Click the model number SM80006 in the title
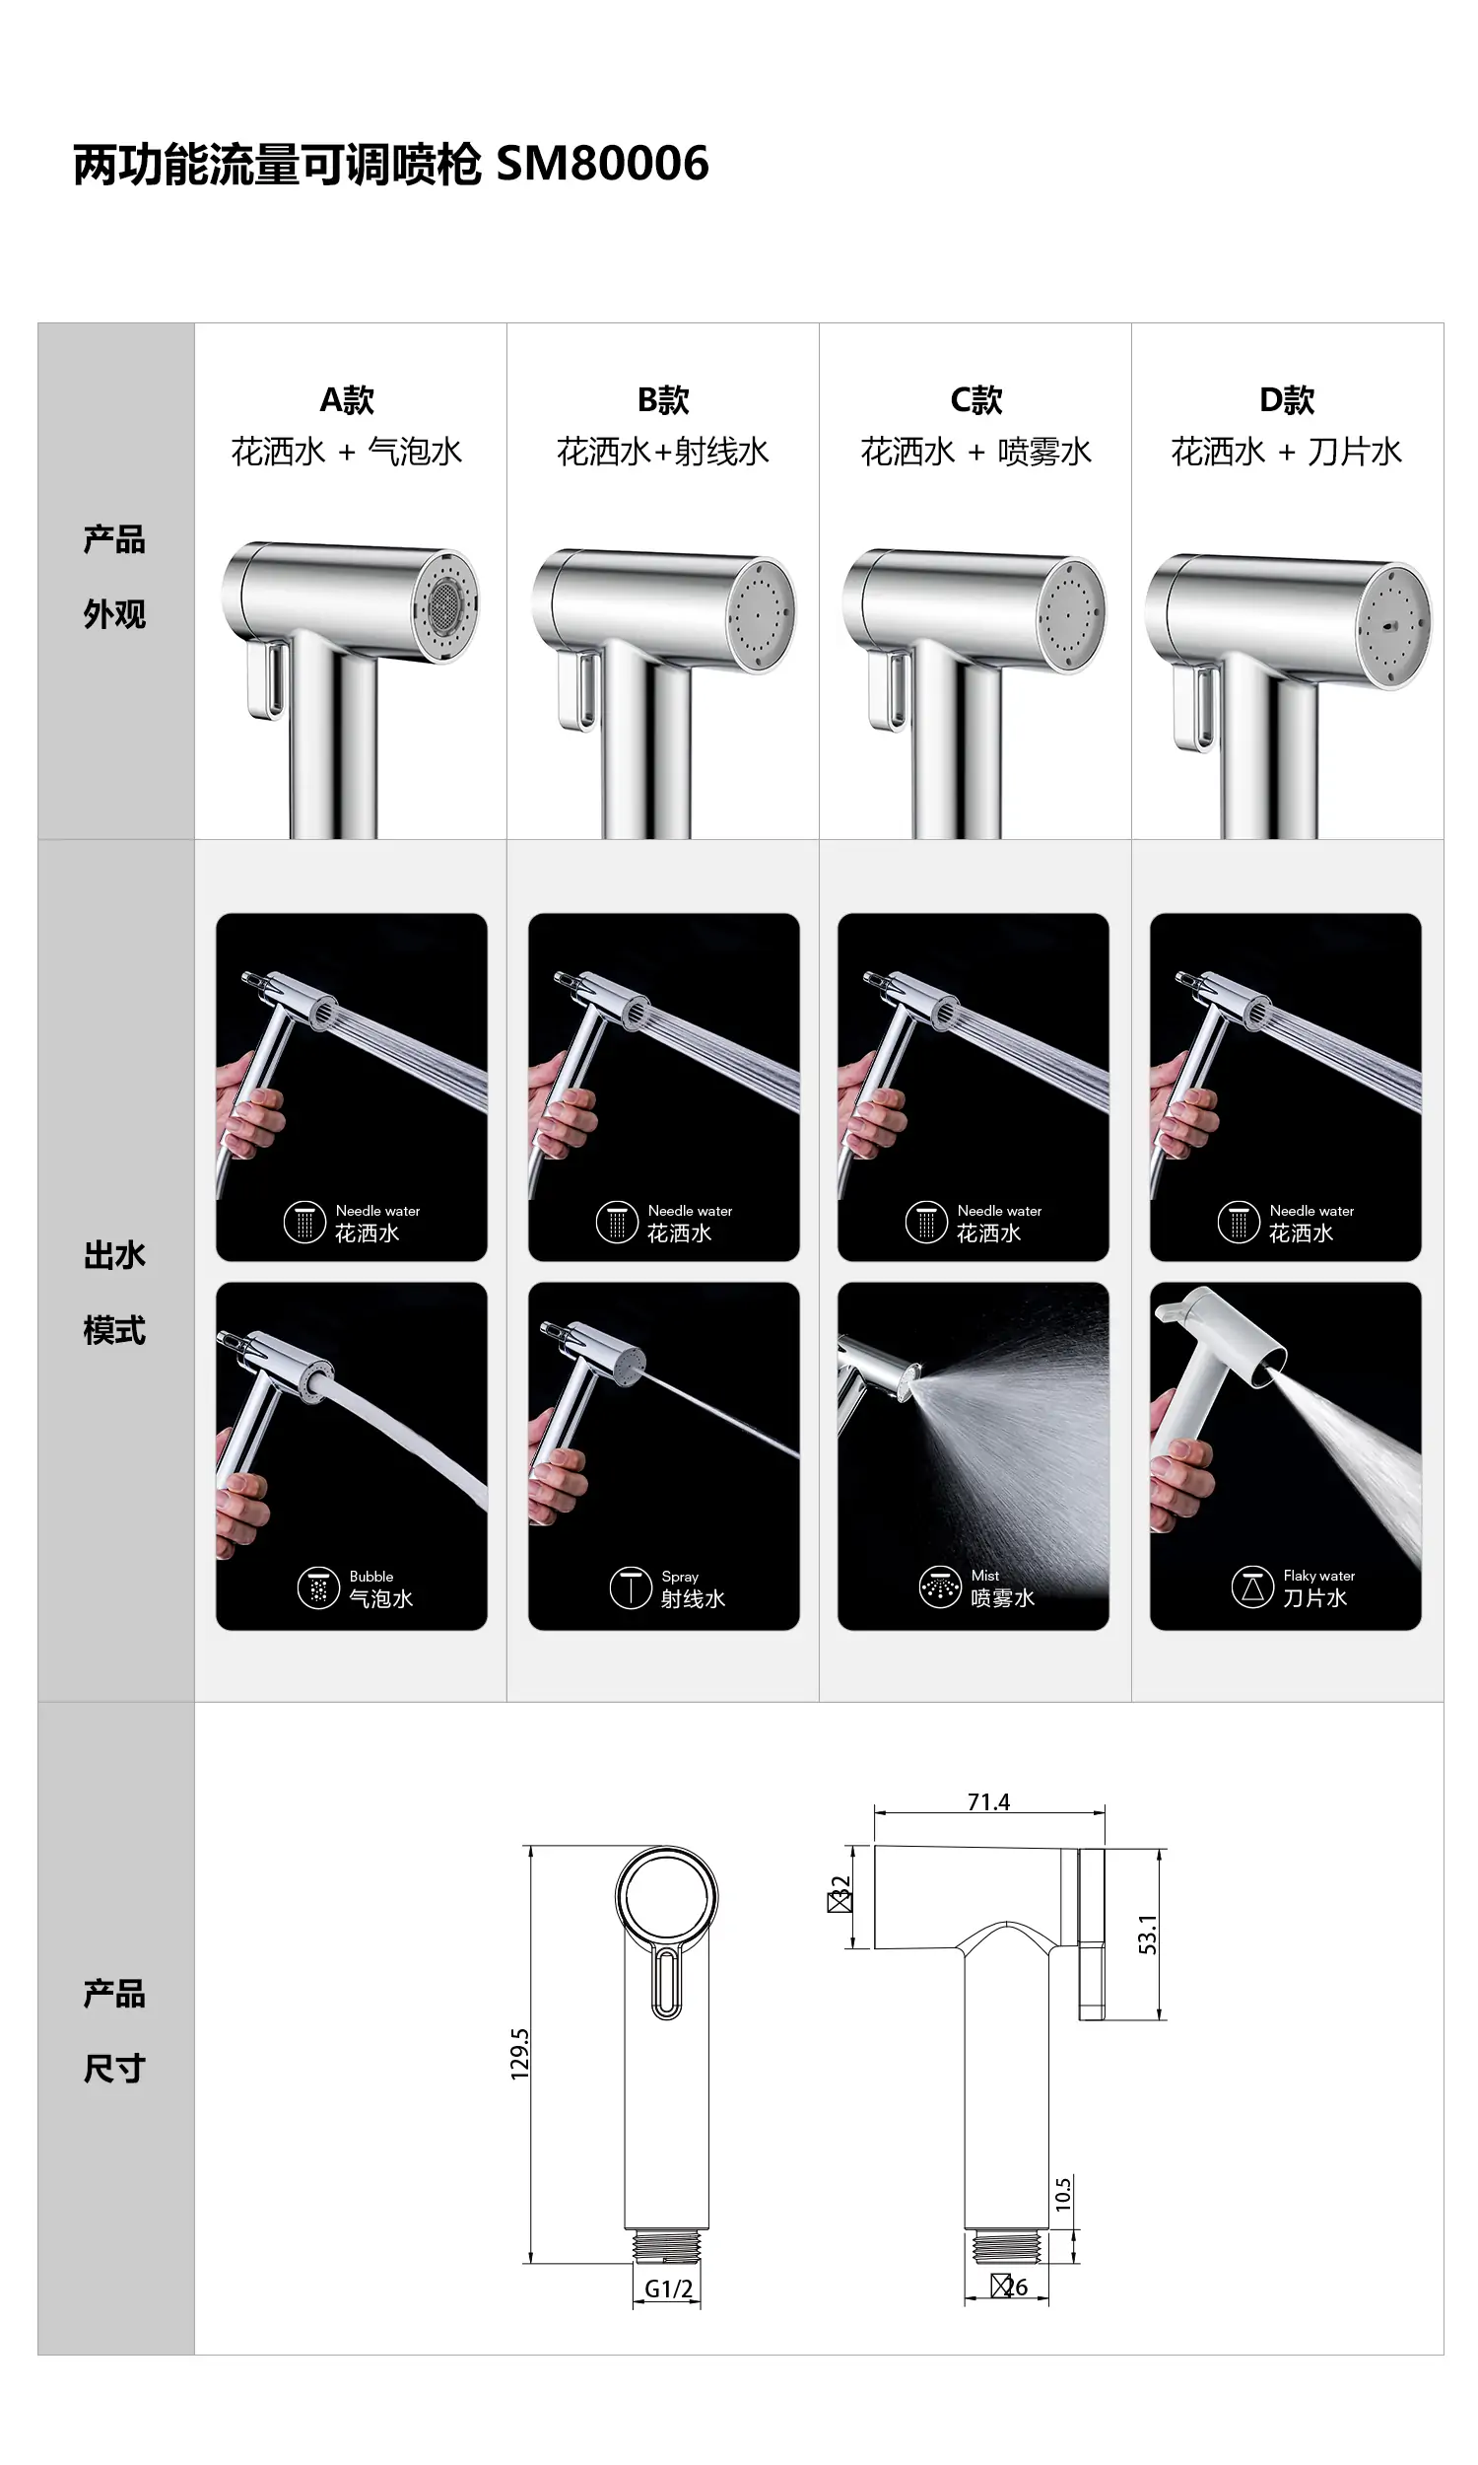603,164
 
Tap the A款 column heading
347,400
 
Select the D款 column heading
1287,400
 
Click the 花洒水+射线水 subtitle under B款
662,452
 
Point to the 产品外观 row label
114,577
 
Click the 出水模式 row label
114,1293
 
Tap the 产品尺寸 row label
114,2031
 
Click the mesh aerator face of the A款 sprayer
445,603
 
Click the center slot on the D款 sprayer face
1390,628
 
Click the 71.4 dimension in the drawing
988,1801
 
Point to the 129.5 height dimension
520,2054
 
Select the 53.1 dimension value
1147,1934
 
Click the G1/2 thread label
668,2289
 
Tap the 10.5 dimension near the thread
1063,2194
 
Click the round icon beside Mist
939,1587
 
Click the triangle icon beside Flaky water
1252,1587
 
